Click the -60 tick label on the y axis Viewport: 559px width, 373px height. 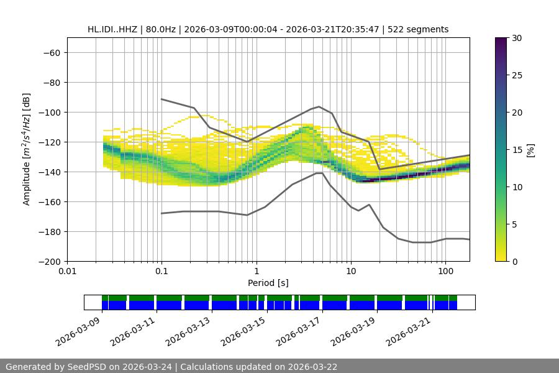[52, 53]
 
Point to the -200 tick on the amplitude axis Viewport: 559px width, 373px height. [49, 262]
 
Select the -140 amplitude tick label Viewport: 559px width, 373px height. [49, 172]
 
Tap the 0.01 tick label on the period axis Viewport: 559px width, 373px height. [67, 271]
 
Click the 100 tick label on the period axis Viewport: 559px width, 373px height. [445, 271]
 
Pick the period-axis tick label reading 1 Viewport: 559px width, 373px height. [256, 271]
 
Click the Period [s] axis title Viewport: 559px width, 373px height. [268, 283]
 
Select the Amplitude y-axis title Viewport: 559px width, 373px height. [27, 149]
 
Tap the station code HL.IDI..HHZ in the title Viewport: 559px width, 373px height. [114, 29]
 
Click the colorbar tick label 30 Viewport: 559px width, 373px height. [516, 38]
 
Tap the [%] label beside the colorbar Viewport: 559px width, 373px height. [530, 150]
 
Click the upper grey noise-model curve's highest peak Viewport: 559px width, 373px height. [319, 106]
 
